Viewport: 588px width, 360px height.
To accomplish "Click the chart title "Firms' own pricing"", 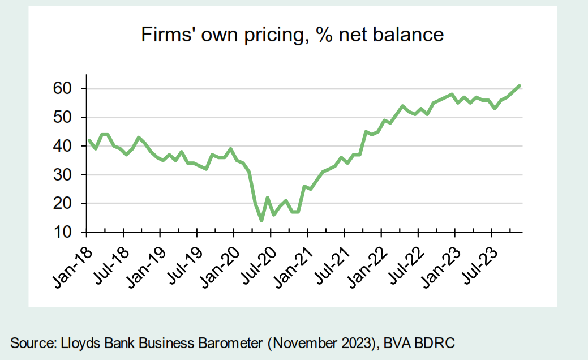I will coord(292,35).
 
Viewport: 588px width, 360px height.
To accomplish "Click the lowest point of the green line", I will coord(261,220).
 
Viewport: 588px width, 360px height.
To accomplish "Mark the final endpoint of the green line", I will coord(519,86).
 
